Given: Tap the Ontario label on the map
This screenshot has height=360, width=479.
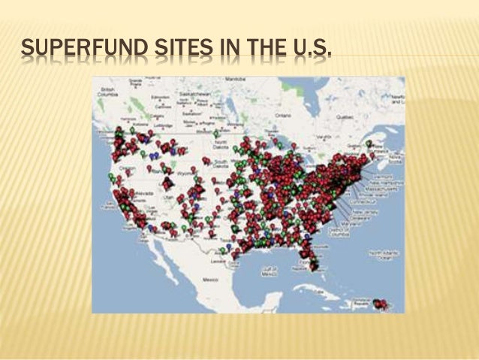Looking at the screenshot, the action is tap(282, 114).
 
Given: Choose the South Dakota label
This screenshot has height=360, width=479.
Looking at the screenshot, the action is tap(221, 161).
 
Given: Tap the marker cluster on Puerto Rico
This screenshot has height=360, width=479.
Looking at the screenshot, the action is tap(381, 304).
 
